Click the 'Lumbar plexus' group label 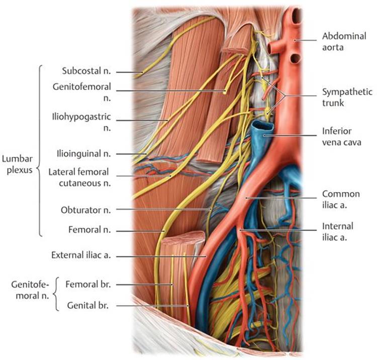(17, 165)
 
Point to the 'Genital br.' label (89, 305)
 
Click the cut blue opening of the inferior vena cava (263, 127)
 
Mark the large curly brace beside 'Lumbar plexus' (39, 151)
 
